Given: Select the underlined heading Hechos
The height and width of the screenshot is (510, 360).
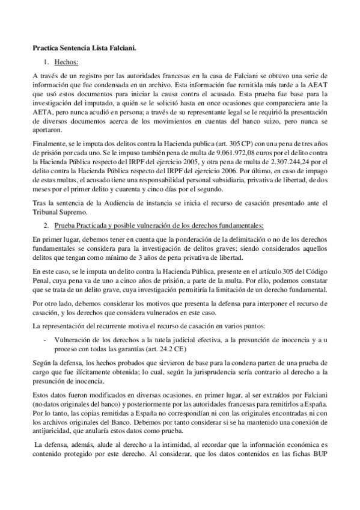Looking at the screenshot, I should coord(66,61).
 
